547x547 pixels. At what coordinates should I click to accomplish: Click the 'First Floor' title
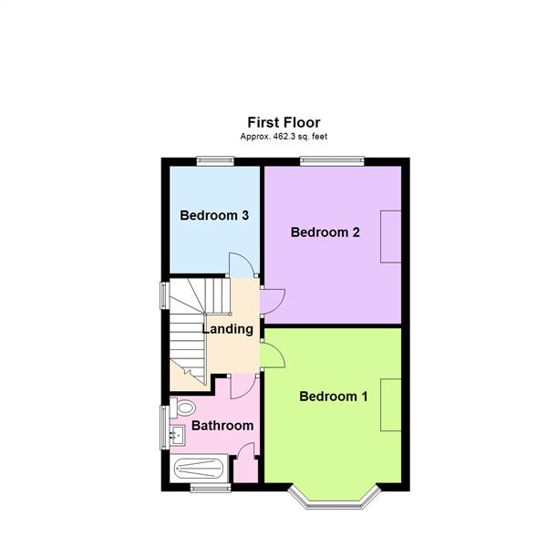(284, 121)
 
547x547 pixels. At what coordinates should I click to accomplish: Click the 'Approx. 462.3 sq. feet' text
(284, 136)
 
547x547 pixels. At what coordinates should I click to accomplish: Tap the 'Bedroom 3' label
(214, 216)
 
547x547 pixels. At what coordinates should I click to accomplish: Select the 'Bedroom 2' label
(325, 232)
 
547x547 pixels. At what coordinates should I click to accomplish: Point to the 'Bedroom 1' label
(333, 397)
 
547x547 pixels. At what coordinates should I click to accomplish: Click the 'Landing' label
(227, 329)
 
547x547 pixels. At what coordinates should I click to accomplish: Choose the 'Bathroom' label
(222, 426)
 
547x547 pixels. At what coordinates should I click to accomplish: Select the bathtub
(201, 470)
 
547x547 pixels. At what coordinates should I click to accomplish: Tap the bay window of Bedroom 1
(332, 497)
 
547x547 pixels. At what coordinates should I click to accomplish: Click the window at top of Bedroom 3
(214, 161)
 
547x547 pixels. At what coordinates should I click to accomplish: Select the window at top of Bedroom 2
(333, 161)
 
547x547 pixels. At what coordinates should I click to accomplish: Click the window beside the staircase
(165, 295)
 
